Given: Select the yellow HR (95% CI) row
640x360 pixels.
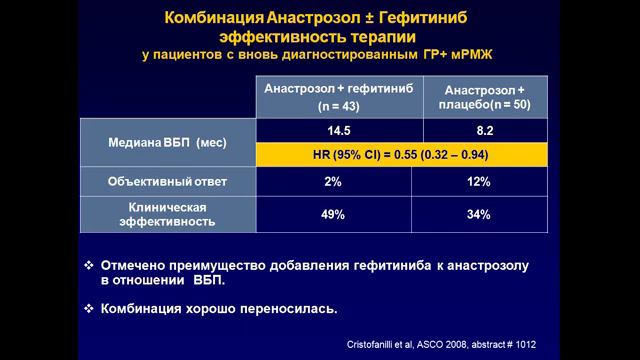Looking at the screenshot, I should (x=406, y=156).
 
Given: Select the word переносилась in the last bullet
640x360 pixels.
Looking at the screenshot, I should (x=295, y=307).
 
